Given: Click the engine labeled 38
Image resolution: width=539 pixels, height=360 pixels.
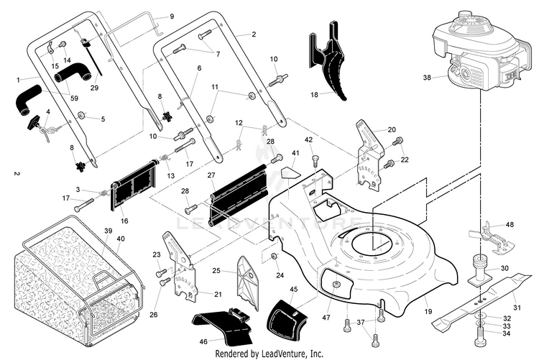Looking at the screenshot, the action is (x=482, y=52).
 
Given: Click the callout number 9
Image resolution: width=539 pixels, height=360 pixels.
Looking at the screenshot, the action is (x=172, y=16).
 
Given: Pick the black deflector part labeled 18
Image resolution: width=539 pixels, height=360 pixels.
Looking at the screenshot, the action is (x=326, y=60).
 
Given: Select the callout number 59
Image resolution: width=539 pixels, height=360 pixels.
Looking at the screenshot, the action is (x=74, y=98).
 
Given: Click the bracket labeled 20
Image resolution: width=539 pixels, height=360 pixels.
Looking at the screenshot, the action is (x=369, y=154).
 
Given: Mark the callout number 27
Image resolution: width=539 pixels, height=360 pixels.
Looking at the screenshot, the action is (x=211, y=175).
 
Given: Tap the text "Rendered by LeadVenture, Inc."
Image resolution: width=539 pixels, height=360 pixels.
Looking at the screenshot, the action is (x=269, y=353).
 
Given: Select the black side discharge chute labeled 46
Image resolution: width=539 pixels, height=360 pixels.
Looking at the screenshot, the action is (x=224, y=325).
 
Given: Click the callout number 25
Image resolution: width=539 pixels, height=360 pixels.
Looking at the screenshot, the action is (x=216, y=271).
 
